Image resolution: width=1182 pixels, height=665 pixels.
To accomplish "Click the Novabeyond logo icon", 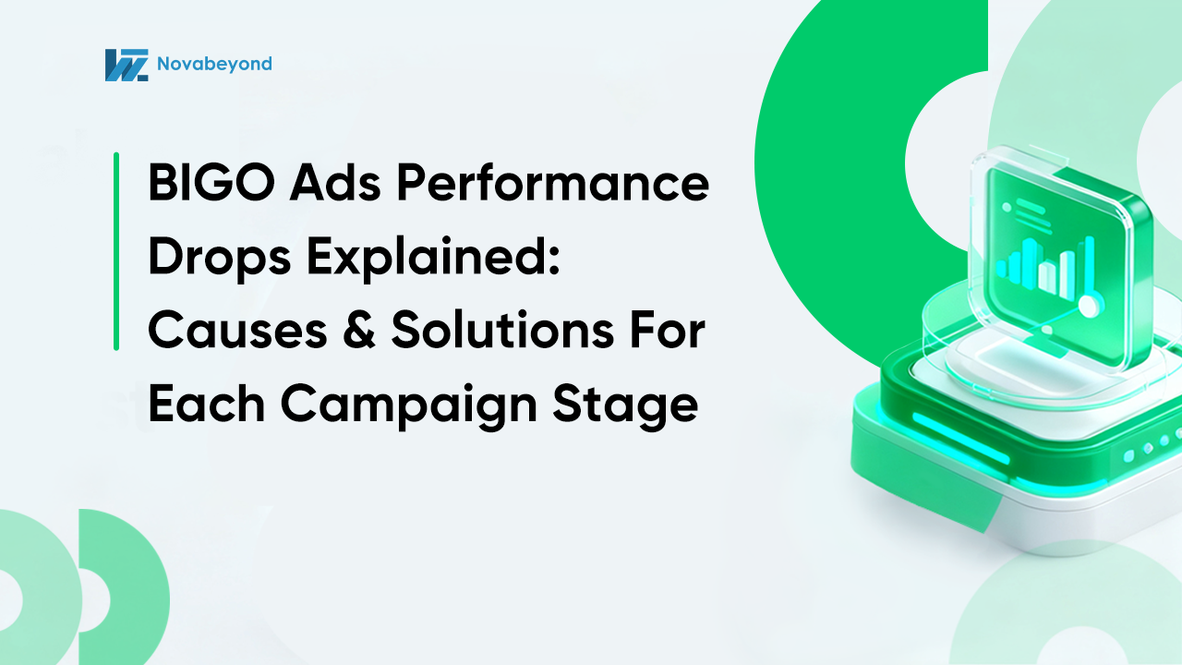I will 127,65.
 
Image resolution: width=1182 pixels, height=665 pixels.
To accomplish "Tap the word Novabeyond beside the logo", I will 213,64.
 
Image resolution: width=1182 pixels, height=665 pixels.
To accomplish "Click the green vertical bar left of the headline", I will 116,251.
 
